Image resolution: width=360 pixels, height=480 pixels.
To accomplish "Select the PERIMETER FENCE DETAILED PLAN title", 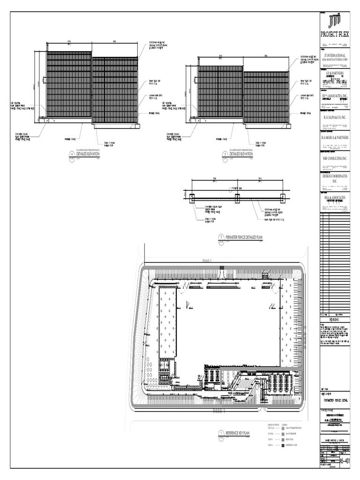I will click(244, 238).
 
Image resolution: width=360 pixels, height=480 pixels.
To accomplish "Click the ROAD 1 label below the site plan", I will click(219, 411).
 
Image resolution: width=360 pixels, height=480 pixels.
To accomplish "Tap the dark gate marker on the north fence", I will click(222, 268).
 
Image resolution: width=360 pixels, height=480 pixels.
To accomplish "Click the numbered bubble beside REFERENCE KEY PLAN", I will click(221, 433).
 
